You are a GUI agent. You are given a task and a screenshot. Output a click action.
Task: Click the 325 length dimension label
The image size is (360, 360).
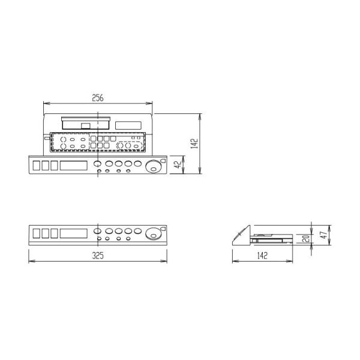98,256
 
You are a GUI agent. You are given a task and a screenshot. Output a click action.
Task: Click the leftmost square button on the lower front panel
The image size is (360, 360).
37,232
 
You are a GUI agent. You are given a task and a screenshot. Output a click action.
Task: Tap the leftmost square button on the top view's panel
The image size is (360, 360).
37,165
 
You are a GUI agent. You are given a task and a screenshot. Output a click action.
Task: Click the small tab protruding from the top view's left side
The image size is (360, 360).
46,138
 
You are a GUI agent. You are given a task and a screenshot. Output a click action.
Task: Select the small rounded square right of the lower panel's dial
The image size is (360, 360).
164,228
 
